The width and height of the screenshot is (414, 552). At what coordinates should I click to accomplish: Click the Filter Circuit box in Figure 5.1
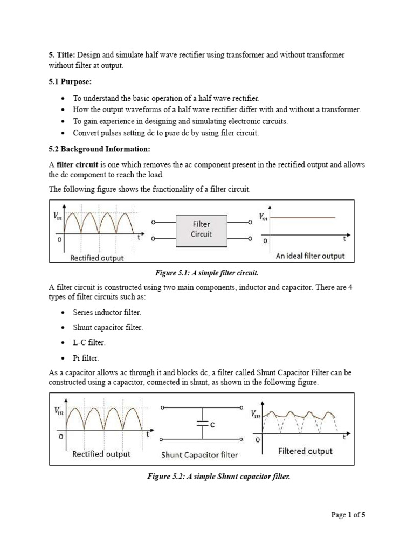201,229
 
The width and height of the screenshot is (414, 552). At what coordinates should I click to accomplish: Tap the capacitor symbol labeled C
202,424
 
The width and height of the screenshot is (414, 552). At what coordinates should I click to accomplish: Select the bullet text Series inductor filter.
107,313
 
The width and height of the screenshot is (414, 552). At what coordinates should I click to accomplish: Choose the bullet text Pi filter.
86,358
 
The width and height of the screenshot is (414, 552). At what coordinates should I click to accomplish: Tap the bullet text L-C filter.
90,343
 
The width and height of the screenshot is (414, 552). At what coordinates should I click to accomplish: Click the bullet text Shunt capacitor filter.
108,328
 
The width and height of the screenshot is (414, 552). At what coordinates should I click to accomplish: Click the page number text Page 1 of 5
348,515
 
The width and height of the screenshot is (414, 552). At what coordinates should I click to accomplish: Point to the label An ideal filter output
309,256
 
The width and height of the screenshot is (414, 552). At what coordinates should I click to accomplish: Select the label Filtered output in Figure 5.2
305,451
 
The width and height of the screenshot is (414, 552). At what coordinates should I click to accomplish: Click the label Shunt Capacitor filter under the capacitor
199,455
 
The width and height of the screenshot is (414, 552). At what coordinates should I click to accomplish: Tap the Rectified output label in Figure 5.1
96,258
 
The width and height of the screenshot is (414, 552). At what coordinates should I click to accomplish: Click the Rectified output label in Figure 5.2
101,454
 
